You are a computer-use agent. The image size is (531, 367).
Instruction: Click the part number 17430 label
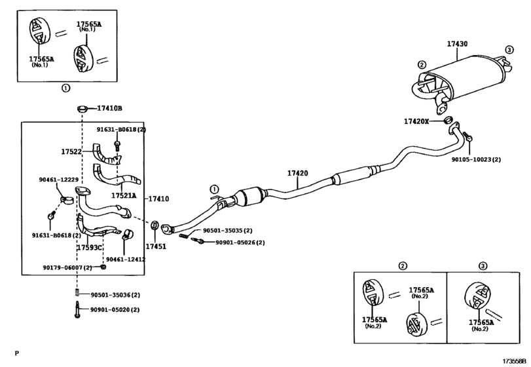[457, 44]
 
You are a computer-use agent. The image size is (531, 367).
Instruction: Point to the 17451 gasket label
[156, 246]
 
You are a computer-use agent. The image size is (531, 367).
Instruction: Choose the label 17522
[71, 151]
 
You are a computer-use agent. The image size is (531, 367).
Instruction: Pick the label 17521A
[123, 195]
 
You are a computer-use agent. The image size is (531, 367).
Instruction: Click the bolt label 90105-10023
[476, 159]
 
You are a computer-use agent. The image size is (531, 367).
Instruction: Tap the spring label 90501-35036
[115, 295]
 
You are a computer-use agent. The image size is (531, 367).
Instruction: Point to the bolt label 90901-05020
[115, 309]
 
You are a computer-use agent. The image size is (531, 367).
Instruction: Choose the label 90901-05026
[232, 242]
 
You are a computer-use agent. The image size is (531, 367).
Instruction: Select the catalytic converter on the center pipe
[249, 196]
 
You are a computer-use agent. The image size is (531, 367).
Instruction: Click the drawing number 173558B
[514, 360]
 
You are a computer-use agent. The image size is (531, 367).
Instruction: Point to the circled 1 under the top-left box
[65, 88]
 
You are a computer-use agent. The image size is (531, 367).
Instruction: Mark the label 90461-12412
[126, 259]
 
